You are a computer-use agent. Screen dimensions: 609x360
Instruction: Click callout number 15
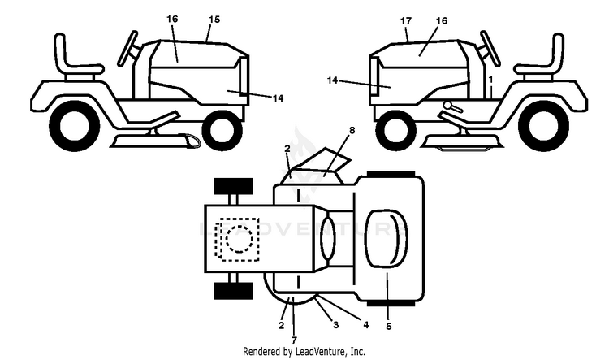[214, 19]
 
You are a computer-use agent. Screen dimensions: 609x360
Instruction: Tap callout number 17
[406, 20]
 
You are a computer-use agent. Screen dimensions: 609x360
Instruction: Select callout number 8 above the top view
[352, 130]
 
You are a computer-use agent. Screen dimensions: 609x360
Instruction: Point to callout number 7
[294, 340]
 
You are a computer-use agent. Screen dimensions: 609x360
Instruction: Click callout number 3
[336, 324]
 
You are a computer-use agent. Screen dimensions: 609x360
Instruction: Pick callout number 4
[366, 324]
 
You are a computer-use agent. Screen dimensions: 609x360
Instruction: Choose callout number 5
[389, 327]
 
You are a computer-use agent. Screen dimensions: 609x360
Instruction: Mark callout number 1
[490, 80]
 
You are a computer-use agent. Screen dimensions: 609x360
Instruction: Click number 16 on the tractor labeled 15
[172, 19]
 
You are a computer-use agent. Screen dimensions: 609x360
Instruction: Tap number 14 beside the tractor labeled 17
[332, 80]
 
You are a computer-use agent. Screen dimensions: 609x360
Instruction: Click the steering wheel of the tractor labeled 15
[127, 49]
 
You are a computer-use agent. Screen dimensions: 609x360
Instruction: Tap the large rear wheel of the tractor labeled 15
[74, 126]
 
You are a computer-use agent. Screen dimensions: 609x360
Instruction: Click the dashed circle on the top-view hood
[240, 239]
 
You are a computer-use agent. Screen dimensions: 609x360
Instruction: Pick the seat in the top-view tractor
[387, 239]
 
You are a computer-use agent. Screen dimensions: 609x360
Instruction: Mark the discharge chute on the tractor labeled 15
[188, 141]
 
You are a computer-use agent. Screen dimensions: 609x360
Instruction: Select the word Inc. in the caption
[358, 351]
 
